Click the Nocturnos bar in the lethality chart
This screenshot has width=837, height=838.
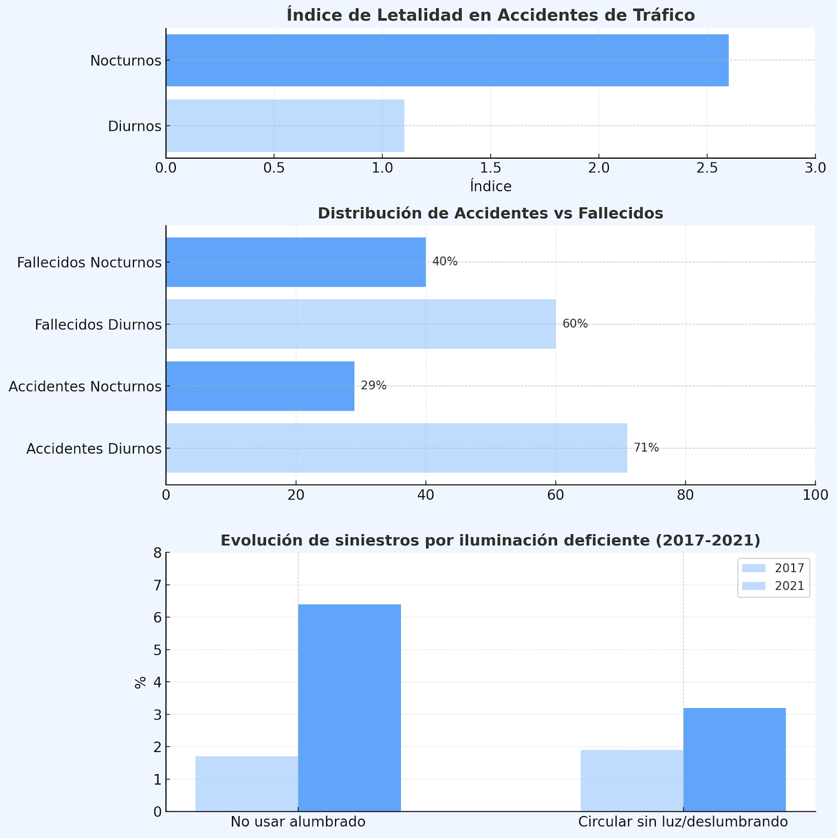[x=447, y=60]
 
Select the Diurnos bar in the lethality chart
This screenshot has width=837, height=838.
[x=285, y=126]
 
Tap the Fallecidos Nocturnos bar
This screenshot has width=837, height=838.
[x=296, y=262]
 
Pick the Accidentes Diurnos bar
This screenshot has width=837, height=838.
[x=396, y=448]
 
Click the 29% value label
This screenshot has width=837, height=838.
[x=374, y=386]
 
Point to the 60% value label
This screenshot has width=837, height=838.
[x=575, y=324]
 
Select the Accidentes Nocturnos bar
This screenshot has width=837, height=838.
[x=260, y=386]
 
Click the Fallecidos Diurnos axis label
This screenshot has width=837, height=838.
[x=98, y=325]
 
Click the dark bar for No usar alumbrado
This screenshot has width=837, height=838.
[x=349, y=708]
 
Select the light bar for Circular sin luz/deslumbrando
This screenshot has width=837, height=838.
[x=632, y=780]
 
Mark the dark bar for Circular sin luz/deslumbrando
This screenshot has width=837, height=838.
[x=734, y=759]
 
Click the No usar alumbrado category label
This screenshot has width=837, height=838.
[x=298, y=822]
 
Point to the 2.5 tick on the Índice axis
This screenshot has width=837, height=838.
[x=707, y=168]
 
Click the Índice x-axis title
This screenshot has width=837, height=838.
[x=490, y=186]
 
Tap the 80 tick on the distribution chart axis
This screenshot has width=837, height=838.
[x=685, y=495]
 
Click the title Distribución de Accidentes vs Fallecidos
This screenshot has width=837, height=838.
[x=490, y=214]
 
